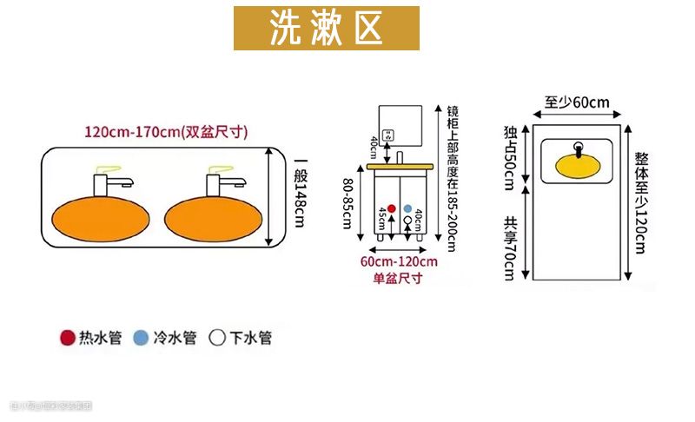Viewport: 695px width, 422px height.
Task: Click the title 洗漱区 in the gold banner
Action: (x=326, y=28)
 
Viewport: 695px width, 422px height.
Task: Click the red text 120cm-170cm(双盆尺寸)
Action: (x=166, y=133)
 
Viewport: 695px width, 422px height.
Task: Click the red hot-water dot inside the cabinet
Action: (x=391, y=208)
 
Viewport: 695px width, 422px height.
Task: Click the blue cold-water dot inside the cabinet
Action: (x=407, y=208)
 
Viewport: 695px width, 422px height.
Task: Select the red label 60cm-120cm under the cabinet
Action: (x=399, y=261)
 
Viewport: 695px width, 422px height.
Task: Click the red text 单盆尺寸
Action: (x=398, y=278)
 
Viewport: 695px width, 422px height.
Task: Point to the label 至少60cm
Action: (x=578, y=102)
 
